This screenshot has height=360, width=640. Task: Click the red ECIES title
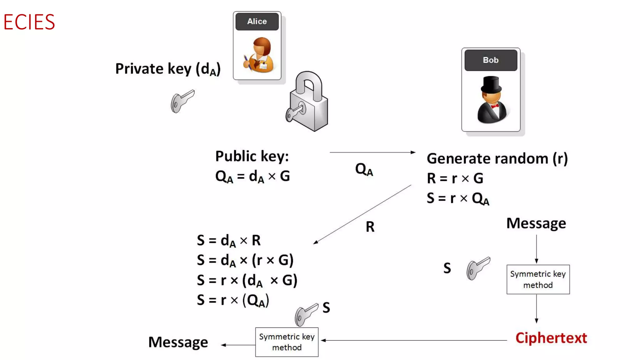click(x=29, y=22)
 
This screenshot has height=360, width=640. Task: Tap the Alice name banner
click(x=257, y=22)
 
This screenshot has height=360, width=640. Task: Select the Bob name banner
click(x=491, y=60)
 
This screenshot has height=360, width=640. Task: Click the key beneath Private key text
click(x=182, y=101)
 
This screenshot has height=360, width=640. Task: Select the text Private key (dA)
click(x=168, y=69)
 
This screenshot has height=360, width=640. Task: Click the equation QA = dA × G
click(x=252, y=177)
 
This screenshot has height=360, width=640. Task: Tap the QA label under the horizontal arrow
click(x=364, y=170)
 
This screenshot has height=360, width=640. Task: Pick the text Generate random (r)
click(x=497, y=159)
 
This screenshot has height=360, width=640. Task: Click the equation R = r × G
click(x=455, y=178)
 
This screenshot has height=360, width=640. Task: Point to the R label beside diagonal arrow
click(x=370, y=227)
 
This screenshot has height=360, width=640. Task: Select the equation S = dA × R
click(x=228, y=241)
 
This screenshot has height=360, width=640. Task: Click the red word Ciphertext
click(x=551, y=338)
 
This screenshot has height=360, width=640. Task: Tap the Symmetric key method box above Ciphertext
click(x=538, y=279)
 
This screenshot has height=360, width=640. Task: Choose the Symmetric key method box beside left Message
click(x=287, y=342)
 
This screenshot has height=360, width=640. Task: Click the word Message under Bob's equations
click(x=536, y=223)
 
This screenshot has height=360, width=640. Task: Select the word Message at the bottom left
click(x=178, y=342)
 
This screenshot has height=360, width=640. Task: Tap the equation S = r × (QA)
click(x=233, y=300)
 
